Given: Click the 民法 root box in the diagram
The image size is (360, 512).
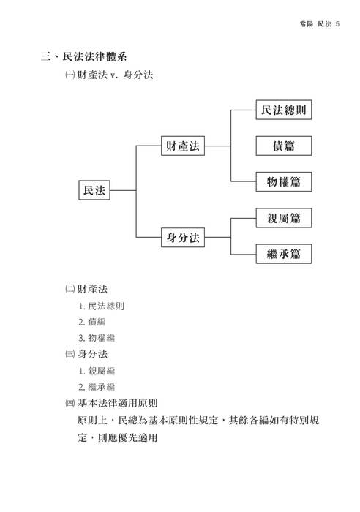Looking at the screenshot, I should pyautogui.click(x=94, y=190).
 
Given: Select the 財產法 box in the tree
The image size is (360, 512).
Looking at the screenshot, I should pyautogui.click(x=184, y=146).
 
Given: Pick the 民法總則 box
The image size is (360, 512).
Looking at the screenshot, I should pyautogui.click(x=283, y=111).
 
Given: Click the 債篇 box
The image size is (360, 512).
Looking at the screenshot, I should pyautogui.click(x=283, y=146).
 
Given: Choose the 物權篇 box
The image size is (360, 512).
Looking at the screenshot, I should pyautogui.click(x=283, y=180).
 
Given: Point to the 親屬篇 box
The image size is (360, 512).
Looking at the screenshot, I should pyautogui.click(x=283, y=218).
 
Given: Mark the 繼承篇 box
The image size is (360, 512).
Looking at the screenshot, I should pyautogui.click(x=283, y=254).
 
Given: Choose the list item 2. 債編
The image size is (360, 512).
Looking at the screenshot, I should pyautogui.click(x=96, y=322).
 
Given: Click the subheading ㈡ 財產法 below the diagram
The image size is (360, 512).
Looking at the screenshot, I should pyautogui.click(x=87, y=289).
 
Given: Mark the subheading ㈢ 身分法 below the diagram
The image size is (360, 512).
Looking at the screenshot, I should pyautogui.click(x=87, y=354).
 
